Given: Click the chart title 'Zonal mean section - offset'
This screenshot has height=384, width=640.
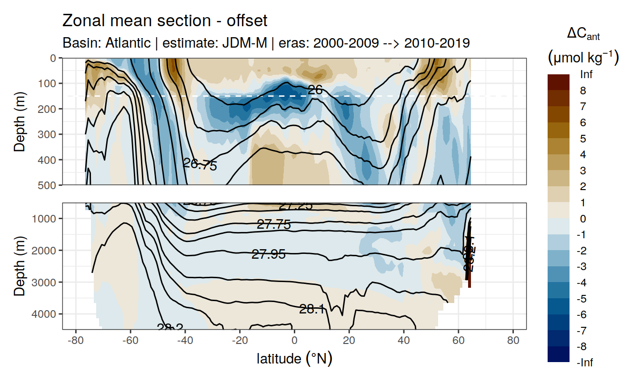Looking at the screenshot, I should (165, 21).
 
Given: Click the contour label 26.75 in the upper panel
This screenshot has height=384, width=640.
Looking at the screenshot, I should (200, 164).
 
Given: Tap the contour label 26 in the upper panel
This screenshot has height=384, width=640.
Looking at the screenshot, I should (315, 89).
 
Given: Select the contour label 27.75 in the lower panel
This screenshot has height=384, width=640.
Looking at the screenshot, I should (274, 224).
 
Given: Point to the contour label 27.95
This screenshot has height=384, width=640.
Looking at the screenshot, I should (269, 254).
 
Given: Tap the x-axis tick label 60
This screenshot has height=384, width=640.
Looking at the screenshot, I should (459, 341).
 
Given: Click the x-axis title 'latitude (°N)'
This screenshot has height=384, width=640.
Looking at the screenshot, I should (294, 358).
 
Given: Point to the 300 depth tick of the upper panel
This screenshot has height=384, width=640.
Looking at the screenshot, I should (49, 134).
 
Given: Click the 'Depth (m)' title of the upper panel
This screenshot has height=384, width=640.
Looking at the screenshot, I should (20, 121).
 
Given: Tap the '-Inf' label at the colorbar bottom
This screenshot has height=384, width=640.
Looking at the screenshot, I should (585, 363).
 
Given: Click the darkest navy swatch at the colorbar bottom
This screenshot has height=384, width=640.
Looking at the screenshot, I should (559, 354).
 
